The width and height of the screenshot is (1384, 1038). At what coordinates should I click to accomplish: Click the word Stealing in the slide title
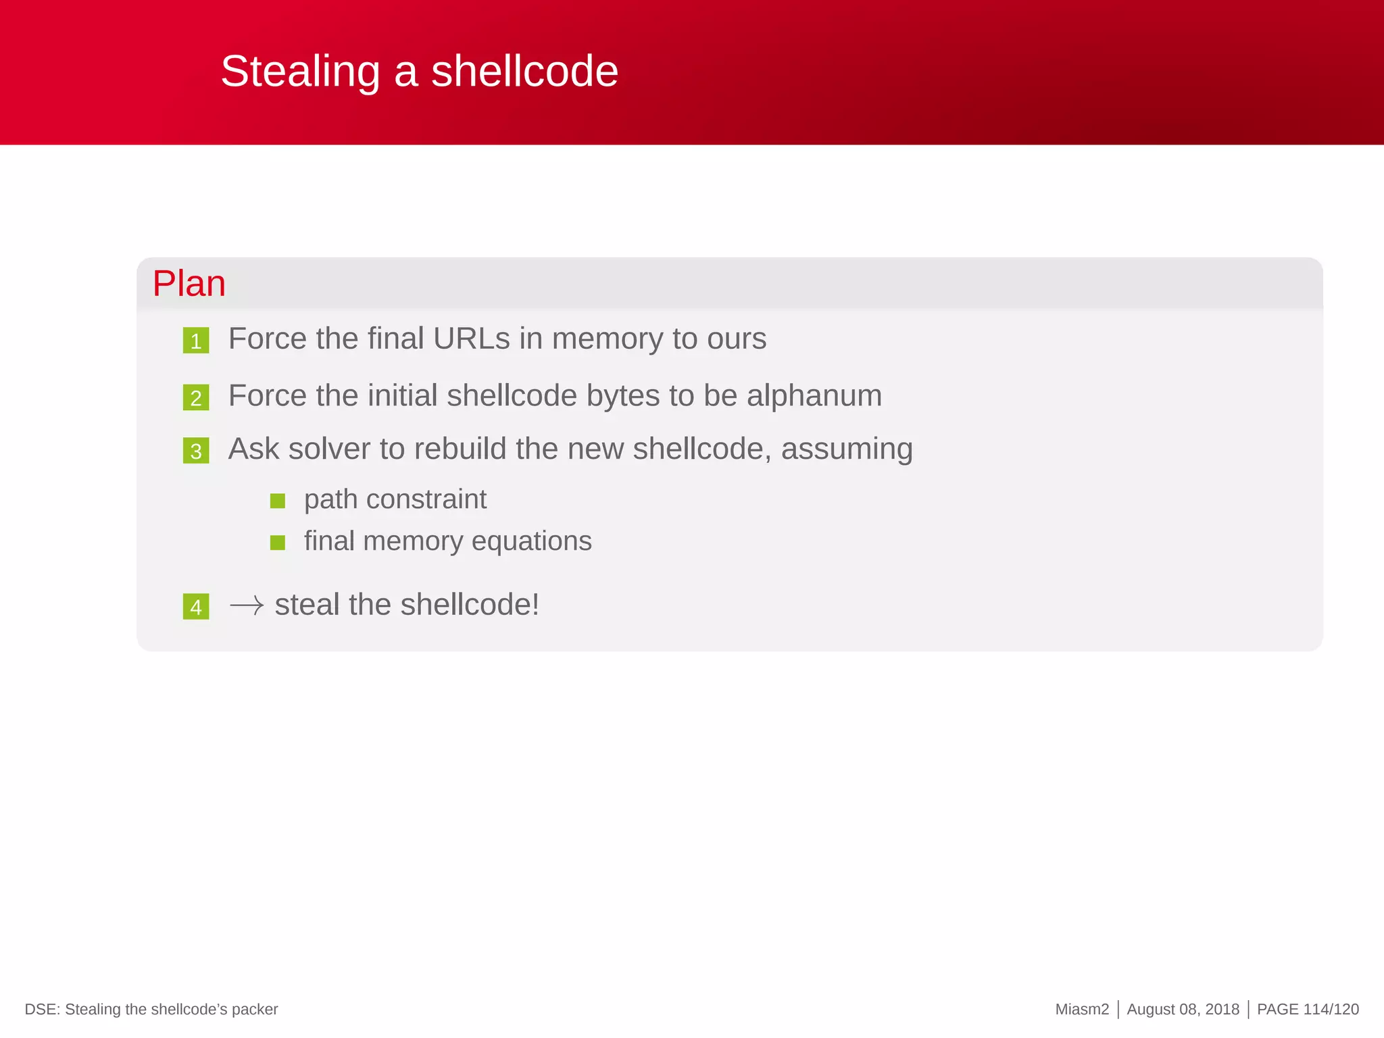point(300,72)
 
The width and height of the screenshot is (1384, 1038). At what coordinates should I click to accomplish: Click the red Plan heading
point(189,283)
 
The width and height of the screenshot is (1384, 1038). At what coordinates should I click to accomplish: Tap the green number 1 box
point(196,341)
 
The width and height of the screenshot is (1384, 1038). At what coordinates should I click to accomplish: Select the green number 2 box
point(196,397)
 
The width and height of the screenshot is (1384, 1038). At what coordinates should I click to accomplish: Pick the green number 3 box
point(196,451)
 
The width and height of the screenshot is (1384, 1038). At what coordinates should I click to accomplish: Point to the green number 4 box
point(196,607)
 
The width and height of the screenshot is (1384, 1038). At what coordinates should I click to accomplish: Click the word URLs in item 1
point(471,339)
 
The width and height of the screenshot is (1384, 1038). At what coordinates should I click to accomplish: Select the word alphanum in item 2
point(814,395)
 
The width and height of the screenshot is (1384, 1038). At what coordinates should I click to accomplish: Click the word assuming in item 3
point(847,449)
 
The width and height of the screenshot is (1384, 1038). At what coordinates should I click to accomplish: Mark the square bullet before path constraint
point(278,501)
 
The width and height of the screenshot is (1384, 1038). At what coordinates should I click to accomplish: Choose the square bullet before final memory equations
point(278,543)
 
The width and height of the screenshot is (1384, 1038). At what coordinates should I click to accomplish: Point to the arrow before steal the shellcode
point(247,605)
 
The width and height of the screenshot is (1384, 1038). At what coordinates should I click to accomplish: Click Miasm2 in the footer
point(1082,1010)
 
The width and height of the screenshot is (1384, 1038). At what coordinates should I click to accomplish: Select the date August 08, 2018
point(1183,1010)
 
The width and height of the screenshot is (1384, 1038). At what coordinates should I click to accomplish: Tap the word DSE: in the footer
point(43,1010)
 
